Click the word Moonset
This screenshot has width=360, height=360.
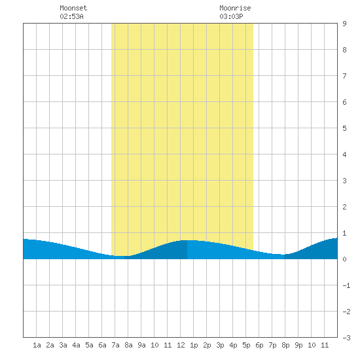click(x=73, y=8)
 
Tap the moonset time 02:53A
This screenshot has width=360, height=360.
click(x=71, y=16)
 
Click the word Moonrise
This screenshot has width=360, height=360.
click(x=235, y=8)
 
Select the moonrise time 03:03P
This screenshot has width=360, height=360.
click(x=231, y=16)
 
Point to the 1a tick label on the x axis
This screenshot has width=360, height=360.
click(x=37, y=345)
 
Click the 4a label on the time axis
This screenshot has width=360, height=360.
click(x=76, y=345)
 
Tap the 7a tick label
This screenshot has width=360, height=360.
click(x=115, y=345)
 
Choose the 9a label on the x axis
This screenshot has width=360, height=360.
click(x=141, y=345)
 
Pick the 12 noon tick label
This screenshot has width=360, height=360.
click(x=181, y=345)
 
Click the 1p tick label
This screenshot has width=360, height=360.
click(x=194, y=345)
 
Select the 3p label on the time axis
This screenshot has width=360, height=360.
click(x=220, y=345)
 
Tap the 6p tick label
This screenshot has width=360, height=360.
click(x=259, y=345)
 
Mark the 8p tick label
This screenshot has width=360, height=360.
click(x=285, y=345)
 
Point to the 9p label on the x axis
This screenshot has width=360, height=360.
click(x=298, y=345)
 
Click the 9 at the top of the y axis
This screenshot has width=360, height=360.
click(x=344, y=24)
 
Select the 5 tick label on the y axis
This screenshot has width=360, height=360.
click(x=344, y=128)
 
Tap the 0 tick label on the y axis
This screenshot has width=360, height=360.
click(x=344, y=259)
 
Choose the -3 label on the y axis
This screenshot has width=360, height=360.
click(x=346, y=338)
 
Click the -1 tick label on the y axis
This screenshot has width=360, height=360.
click(x=346, y=285)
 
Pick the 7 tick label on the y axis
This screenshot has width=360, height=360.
click(x=344, y=76)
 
